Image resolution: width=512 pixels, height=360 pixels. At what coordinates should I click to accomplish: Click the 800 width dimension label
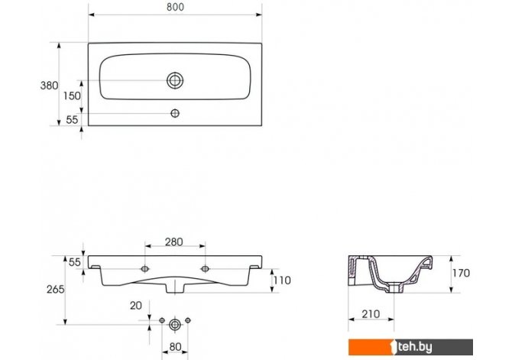click(175, 7)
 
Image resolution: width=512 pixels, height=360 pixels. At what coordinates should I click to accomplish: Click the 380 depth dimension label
click(49, 86)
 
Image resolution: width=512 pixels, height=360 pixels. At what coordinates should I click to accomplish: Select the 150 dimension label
click(72, 96)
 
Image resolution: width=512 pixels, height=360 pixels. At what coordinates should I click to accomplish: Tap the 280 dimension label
click(173, 242)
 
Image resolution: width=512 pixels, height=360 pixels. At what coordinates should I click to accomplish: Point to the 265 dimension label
click(56, 289)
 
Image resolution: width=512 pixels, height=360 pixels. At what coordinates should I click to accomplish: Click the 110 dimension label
click(282, 281)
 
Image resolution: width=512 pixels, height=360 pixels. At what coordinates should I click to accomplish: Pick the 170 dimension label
click(461, 273)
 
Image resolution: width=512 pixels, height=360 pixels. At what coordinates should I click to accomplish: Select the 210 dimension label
click(371, 314)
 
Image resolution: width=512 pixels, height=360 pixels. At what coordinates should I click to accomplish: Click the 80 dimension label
click(175, 347)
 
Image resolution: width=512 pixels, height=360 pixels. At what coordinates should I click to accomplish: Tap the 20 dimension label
click(136, 306)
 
